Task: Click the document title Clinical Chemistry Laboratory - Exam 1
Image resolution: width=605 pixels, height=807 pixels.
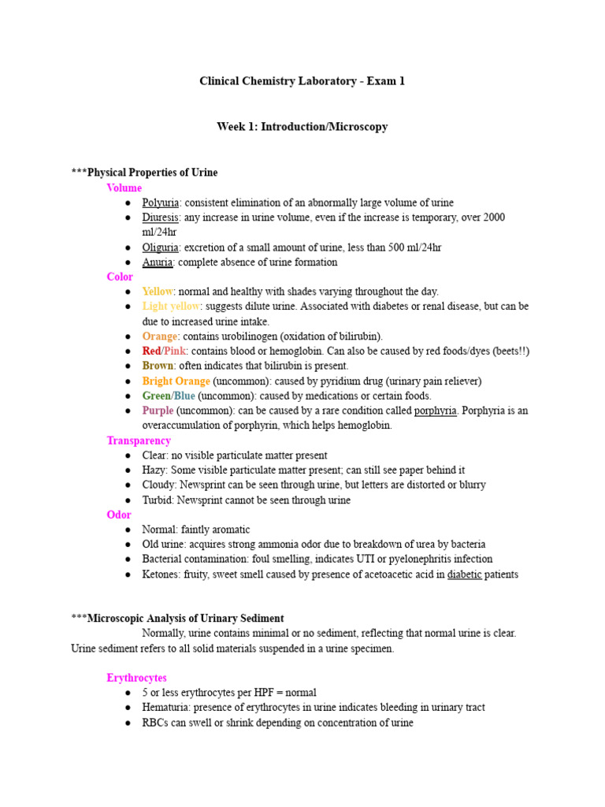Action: (302, 81)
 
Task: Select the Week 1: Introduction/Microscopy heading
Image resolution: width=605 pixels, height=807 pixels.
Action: (302, 126)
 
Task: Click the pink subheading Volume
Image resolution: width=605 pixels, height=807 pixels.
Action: (124, 188)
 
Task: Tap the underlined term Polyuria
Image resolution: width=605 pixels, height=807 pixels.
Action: (161, 203)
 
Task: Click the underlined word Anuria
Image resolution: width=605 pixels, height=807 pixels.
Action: (158, 262)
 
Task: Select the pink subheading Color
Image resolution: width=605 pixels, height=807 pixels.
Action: (120, 277)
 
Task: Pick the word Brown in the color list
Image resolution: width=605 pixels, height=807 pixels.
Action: (158, 366)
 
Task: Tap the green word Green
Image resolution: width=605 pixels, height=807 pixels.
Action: (156, 396)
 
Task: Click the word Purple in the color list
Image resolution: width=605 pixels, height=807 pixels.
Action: (158, 411)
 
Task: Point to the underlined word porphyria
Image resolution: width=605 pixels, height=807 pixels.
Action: (436, 411)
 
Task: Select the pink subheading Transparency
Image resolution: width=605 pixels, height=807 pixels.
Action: (139, 441)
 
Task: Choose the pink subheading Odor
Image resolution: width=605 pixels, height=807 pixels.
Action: (119, 515)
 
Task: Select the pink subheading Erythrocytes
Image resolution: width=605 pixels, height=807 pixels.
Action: (137, 678)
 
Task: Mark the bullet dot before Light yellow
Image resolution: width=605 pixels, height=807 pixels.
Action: (128, 307)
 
